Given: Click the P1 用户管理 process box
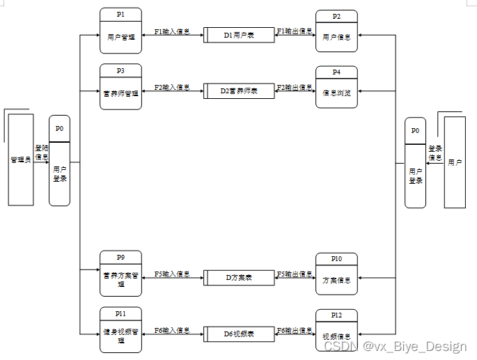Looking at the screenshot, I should pyautogui.click(x=120, y=31).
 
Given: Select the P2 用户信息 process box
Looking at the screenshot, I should pyautogui.click(x=336, y=31).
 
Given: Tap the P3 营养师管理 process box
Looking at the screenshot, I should pyautogui.click(x=120, y=86).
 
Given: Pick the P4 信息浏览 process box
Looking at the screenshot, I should pyautogui.click(x=336, y=87).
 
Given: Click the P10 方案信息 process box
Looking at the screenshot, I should pyautogui.click(x=336, y=274).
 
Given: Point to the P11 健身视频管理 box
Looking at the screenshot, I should pyautogui.click(x=120, y=329).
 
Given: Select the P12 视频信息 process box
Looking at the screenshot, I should pyautogui.click(x=336, y=330).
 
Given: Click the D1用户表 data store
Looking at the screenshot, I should pyautogui.click(x=239, y=34).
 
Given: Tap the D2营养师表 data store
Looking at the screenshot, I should pyautogui.click(x=239, y=91).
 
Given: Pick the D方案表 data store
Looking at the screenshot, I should pyautogui.click(x=239, y=277).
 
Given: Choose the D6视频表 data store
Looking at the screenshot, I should pyautogui.click(x=239, y=334).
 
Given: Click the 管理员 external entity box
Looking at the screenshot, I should pyautogui.click(x=20, y=159).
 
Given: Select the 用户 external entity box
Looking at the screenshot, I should pyautogui.click(x=455, y=162).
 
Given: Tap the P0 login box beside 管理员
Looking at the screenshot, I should pyautogui.click(x=60, y=161).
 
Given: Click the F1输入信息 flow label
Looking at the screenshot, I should pyautogui.click(x=172, y=31).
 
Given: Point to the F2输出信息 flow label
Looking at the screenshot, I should pyautogui.click(x=295, y=88).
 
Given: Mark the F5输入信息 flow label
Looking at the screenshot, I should pyautogui.click(x=172, y=274).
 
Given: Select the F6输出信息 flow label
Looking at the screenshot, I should pyautogui.click(x=295, y=330).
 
